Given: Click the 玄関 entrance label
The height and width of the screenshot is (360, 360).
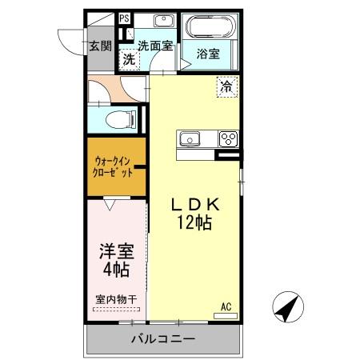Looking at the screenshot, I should click(x=100, y=46).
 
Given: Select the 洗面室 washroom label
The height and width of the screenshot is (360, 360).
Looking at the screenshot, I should click(x=154, y=46).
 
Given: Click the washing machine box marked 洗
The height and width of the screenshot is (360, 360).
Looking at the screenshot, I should click(x=128, y=59).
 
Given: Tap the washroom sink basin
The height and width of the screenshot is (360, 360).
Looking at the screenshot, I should click(x=164, y=22).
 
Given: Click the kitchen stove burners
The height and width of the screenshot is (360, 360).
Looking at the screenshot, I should click(x=228, y=139).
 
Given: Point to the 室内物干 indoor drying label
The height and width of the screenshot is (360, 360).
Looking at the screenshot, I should click(x=116, y=300).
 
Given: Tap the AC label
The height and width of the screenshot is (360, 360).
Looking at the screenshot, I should click(x=226, y=306).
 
